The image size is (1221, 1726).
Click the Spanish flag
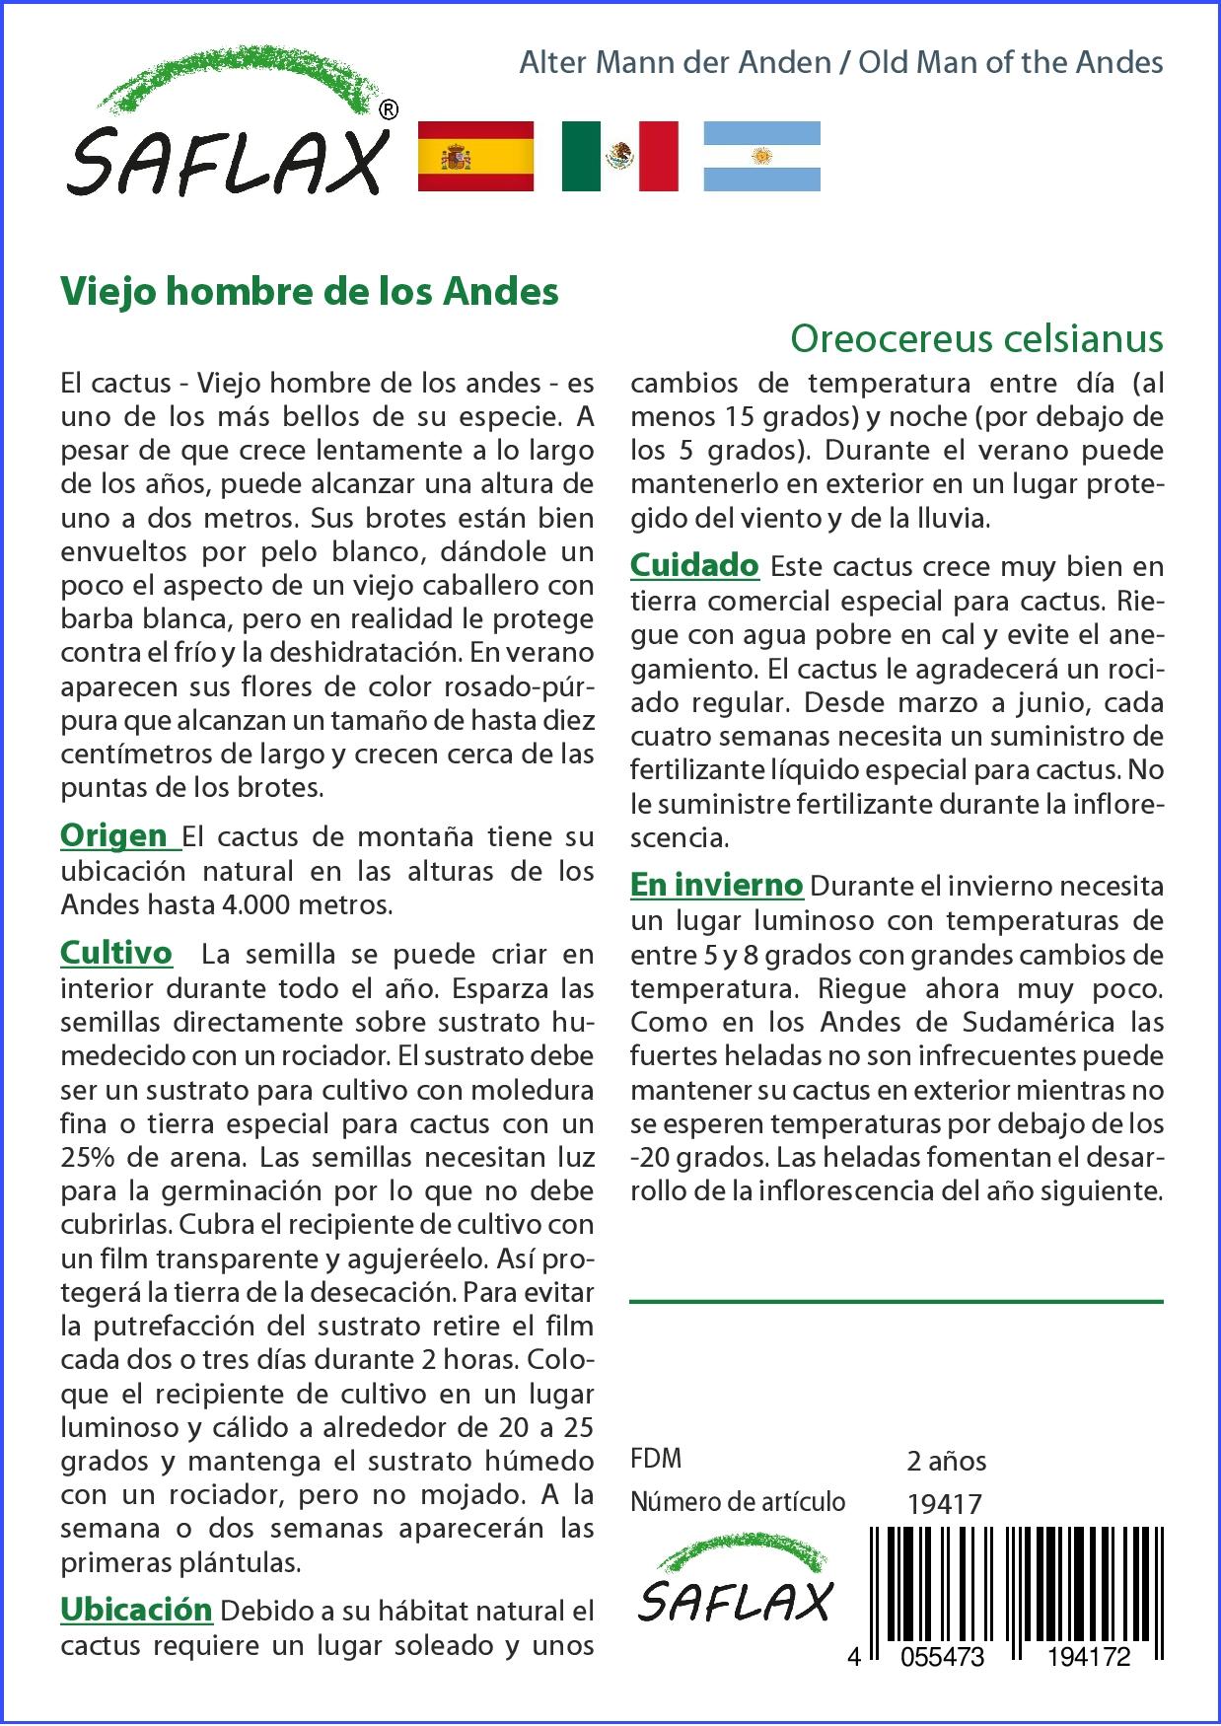coord(475,156)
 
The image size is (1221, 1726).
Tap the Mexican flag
coord(619,156)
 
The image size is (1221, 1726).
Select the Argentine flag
coord(761,156)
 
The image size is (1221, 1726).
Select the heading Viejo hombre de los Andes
coord(310,291)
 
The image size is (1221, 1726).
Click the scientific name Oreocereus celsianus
coord(976,338)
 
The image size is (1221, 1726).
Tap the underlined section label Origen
coord(114,835)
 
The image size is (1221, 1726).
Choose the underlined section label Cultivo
coord(116,953)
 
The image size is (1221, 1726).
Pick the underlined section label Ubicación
coord(136,1609)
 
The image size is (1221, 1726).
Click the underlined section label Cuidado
coord(694,565)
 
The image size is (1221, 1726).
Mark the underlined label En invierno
coord(717,885)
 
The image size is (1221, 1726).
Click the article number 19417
coord(944,1503)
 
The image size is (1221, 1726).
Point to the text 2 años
coord(946,1461)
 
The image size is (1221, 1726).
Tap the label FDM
coord(656,1459)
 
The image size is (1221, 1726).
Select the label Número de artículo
coord(738,1501)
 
